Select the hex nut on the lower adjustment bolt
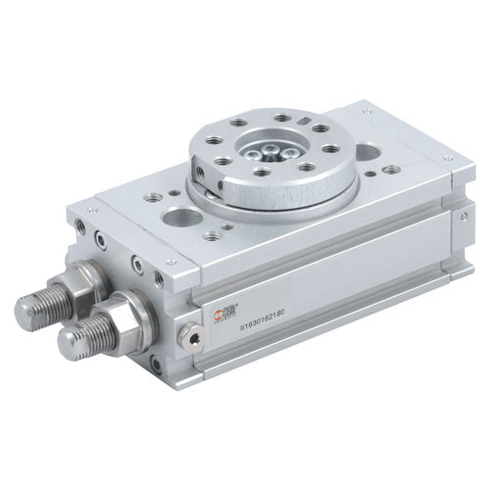pyautogui.click(x=128, y=314)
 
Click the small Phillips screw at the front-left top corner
pyautogui.click(x=94, y=209)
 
